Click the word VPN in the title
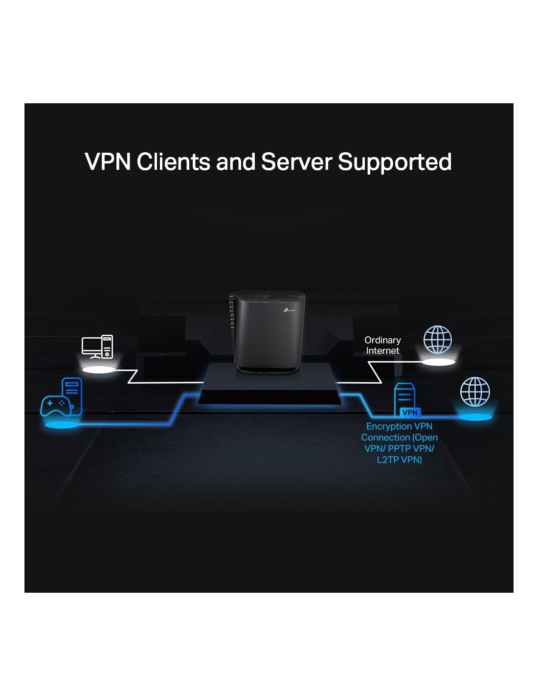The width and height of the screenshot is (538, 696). [x=108, y=162]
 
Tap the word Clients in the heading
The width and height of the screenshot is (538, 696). [x=174, y=162]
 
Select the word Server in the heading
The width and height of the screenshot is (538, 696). [x=296, y=162]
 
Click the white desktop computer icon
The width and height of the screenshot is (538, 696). [x=97, y=347]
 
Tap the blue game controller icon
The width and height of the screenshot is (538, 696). [x=55, y=406]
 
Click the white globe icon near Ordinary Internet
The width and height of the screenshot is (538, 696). [x=438, y=339]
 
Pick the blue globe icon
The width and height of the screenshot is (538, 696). [x=475, y=392]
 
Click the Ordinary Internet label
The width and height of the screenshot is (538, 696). [x=382, y=345]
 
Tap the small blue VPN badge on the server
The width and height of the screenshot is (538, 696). [x=410, y=413]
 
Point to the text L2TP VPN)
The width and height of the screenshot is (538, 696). [x=399, y=460]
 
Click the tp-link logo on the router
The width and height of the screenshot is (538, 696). [x=289, y=310]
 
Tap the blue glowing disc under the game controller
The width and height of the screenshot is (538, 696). [x=61, y=424]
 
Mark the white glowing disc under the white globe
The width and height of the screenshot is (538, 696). [x=438, y=362]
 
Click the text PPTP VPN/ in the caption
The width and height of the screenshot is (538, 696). [x=411, y=448]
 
